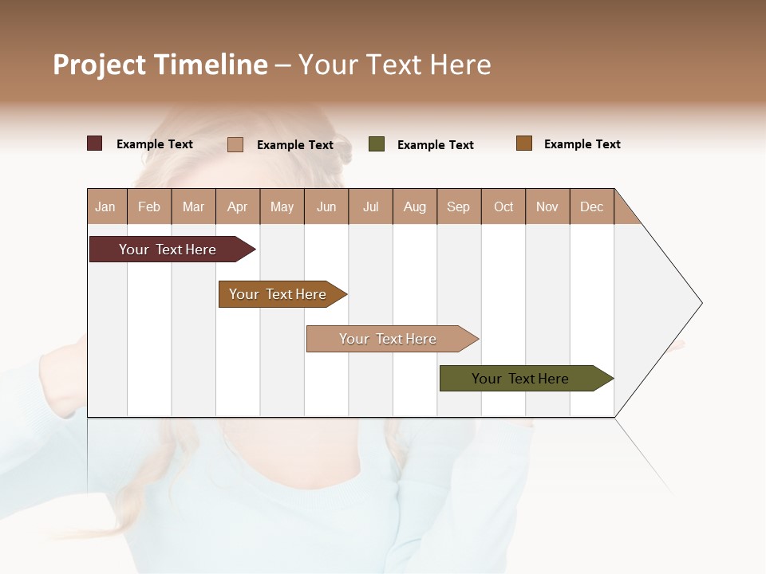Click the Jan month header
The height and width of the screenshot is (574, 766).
click(106, 206)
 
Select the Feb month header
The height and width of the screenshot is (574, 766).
click(149, 206)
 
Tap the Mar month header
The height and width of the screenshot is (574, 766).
click(193, 206)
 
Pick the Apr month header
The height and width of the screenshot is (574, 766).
click(238, 206)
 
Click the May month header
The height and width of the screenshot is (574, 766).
click(282, 206)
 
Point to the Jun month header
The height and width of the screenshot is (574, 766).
click(326, 206)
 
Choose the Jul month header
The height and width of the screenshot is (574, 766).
click(370, 206)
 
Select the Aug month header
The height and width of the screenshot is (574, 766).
click(415, 206)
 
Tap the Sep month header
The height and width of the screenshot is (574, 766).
click(459, 206)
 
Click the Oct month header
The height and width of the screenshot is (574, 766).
click(503, 206)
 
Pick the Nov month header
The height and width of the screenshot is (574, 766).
click(547, 206)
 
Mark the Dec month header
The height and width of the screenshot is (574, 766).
click(592, 206)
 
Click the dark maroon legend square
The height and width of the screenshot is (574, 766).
click(95, 143)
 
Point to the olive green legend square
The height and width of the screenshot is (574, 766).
click(377, 144)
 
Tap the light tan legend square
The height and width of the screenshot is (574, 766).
click(235, 144)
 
